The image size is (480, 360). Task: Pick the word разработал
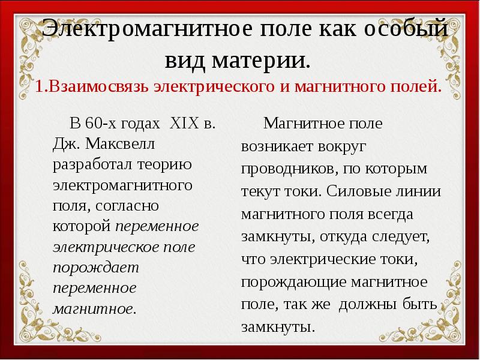tap(88, 164)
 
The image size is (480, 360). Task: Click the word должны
tap(365, 305)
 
